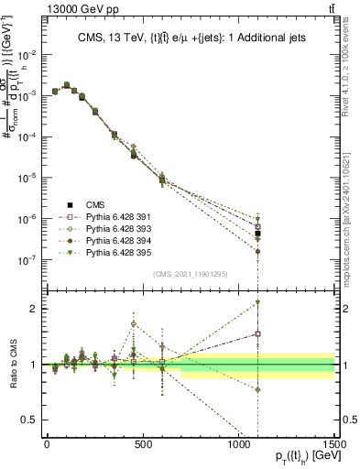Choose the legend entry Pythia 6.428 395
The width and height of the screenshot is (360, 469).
pyautogui.click(x=104, y=253)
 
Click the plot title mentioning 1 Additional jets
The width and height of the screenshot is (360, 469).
pyautogui.click(x=191, y=38)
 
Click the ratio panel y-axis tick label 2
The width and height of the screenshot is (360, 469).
pyautogui.click(x=32, y=309)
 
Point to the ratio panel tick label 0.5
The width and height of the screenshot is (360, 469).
pyautogui.click(x=27, y=420)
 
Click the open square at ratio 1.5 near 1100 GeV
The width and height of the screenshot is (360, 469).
pyautogui.click(x=258, y=334)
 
